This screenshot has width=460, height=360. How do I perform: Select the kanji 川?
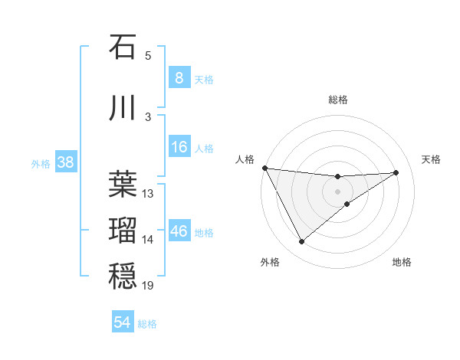pyautogui.click(x=123, y=108)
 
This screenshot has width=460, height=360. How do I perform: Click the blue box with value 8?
pyautogui.click(x=179, y=78)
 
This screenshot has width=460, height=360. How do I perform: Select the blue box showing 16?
pyautogui.click(x=179, y=147)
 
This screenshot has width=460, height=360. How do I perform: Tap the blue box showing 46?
pyautogui.click(x=179, y=231)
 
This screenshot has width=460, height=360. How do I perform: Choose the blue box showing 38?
pyautogui.click(x=65, y=162)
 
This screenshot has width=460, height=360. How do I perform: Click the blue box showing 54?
pyautogui.click(x=123, y=323)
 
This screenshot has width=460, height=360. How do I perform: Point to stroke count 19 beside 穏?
pyautogui.click(x=148, y=286)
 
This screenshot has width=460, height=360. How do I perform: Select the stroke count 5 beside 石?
pyautogui.click(x=148, y=56)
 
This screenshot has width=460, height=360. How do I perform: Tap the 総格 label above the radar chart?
pyautogui.click(x=337, y=100)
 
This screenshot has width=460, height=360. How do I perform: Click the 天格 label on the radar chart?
pyautogui.click(x=431, y=159)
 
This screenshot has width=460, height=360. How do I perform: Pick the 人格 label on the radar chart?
pyautogui.click(x=245, y=159)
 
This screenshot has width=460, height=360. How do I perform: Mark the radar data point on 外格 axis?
pyautogui.click(x=301, y=242)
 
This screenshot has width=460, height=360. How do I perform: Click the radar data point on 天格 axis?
pyautogui.click(x=396, y=172)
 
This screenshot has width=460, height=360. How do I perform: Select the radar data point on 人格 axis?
pyautogui.click(x=264, y=168)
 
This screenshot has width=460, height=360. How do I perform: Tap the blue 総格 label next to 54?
pyautogui.click(x=147, y=324)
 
